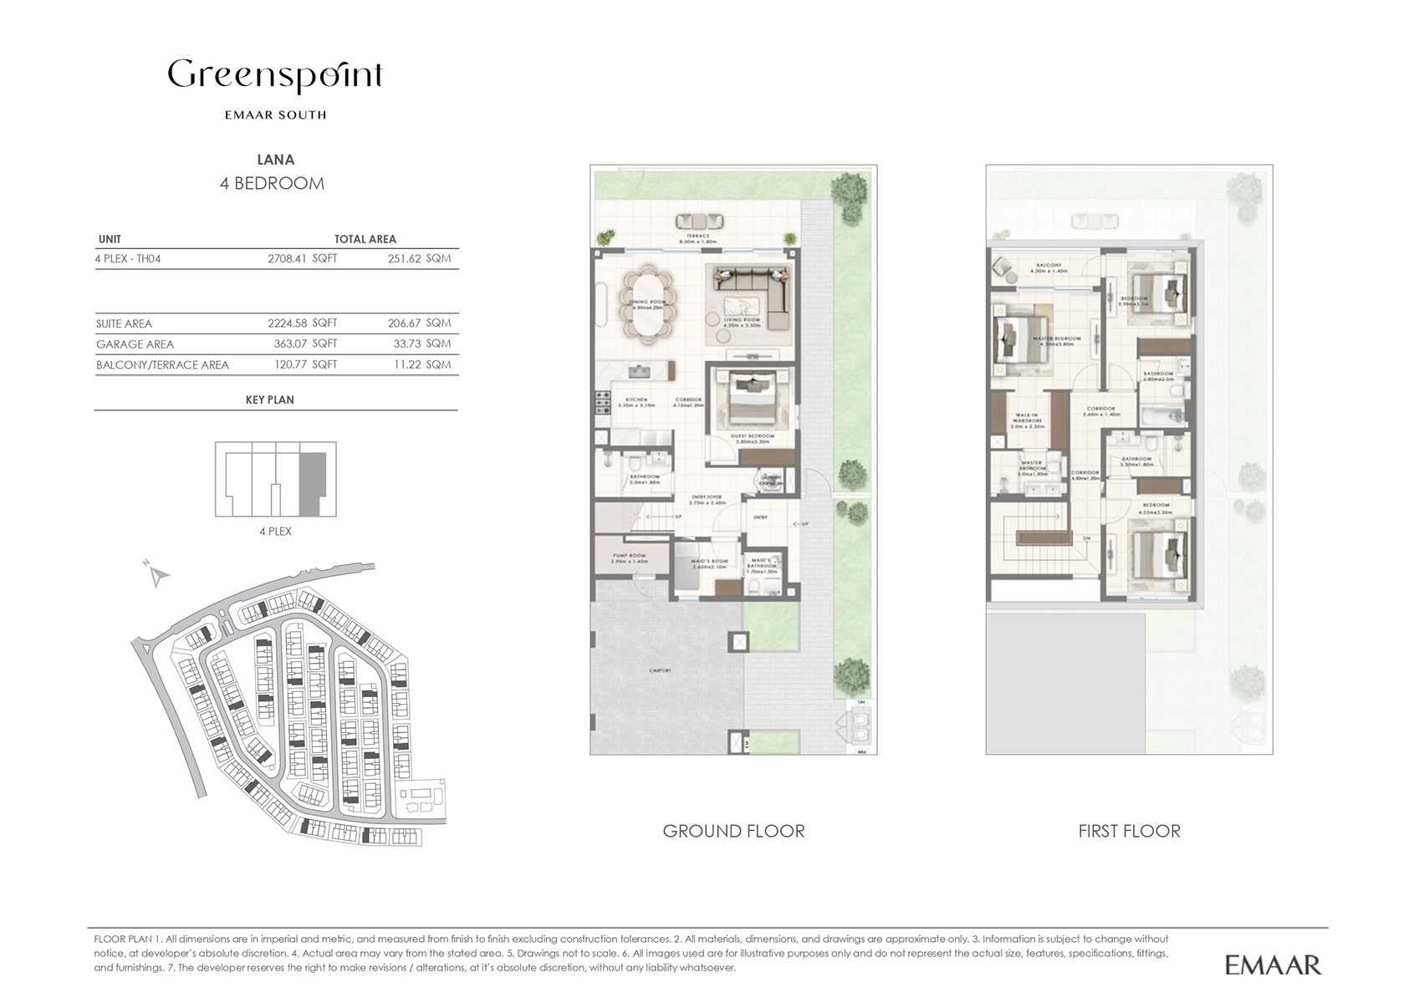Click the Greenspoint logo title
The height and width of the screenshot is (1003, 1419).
(275, 76)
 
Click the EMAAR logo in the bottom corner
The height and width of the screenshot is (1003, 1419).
(1273, 965)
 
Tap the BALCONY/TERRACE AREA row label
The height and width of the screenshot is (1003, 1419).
(162, 365)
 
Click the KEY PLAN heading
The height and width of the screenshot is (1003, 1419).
(269, 400)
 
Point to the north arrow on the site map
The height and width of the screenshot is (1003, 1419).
(157, 574)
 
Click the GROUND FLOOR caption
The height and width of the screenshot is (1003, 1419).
(733, 831)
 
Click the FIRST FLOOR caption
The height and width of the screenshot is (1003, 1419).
(1129, 831)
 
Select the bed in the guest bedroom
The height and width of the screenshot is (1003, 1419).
(752, 399)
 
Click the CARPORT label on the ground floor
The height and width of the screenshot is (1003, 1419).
(660, 670)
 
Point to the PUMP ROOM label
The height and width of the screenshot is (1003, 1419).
(629, 560)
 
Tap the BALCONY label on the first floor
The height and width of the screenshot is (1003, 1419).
(1048, 265)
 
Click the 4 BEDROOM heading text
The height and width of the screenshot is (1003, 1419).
(272, 184)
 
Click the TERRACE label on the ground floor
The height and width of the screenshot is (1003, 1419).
(697, 237)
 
